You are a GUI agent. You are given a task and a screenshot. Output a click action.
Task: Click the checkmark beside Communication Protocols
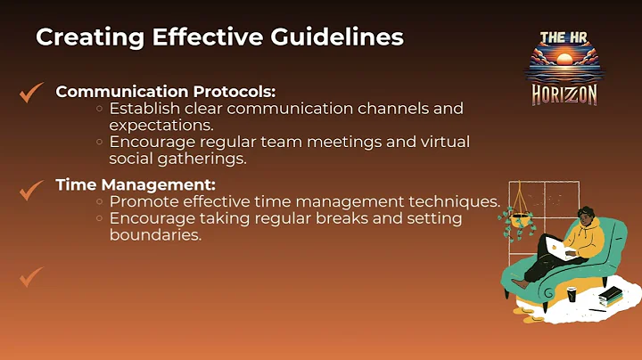31,92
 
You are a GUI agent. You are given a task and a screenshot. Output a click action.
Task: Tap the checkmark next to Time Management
31,189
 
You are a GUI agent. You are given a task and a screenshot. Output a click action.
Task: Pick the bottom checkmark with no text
31,277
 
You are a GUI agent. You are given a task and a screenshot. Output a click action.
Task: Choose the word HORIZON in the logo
564,94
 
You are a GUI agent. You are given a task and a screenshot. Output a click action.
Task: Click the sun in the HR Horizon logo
564,60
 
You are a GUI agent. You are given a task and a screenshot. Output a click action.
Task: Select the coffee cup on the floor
572,293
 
